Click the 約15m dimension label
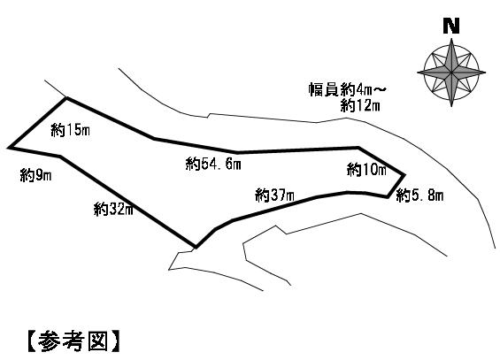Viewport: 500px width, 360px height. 70,130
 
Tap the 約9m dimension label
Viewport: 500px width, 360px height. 35,175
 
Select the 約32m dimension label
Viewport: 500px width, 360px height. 113,210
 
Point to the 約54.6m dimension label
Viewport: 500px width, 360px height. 213,164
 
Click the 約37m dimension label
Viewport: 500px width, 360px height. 274,195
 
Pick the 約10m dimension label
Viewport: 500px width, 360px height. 366,170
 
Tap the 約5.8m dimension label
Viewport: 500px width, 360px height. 419,195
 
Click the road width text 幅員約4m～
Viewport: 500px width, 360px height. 347,89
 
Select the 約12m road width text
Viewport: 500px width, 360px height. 360,105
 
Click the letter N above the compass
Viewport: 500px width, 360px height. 451,27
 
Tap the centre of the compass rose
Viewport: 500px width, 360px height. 451,73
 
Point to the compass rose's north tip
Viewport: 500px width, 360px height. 451,38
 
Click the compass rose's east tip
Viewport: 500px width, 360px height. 486,73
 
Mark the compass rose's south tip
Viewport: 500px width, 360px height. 451,107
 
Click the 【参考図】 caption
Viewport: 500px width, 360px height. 73,341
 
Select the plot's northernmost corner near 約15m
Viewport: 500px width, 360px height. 66,98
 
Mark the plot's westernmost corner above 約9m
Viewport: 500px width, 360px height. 9,148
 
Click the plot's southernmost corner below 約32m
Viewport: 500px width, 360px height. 196,247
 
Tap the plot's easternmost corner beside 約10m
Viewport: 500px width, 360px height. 404,174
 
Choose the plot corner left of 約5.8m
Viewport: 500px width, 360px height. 388,197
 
